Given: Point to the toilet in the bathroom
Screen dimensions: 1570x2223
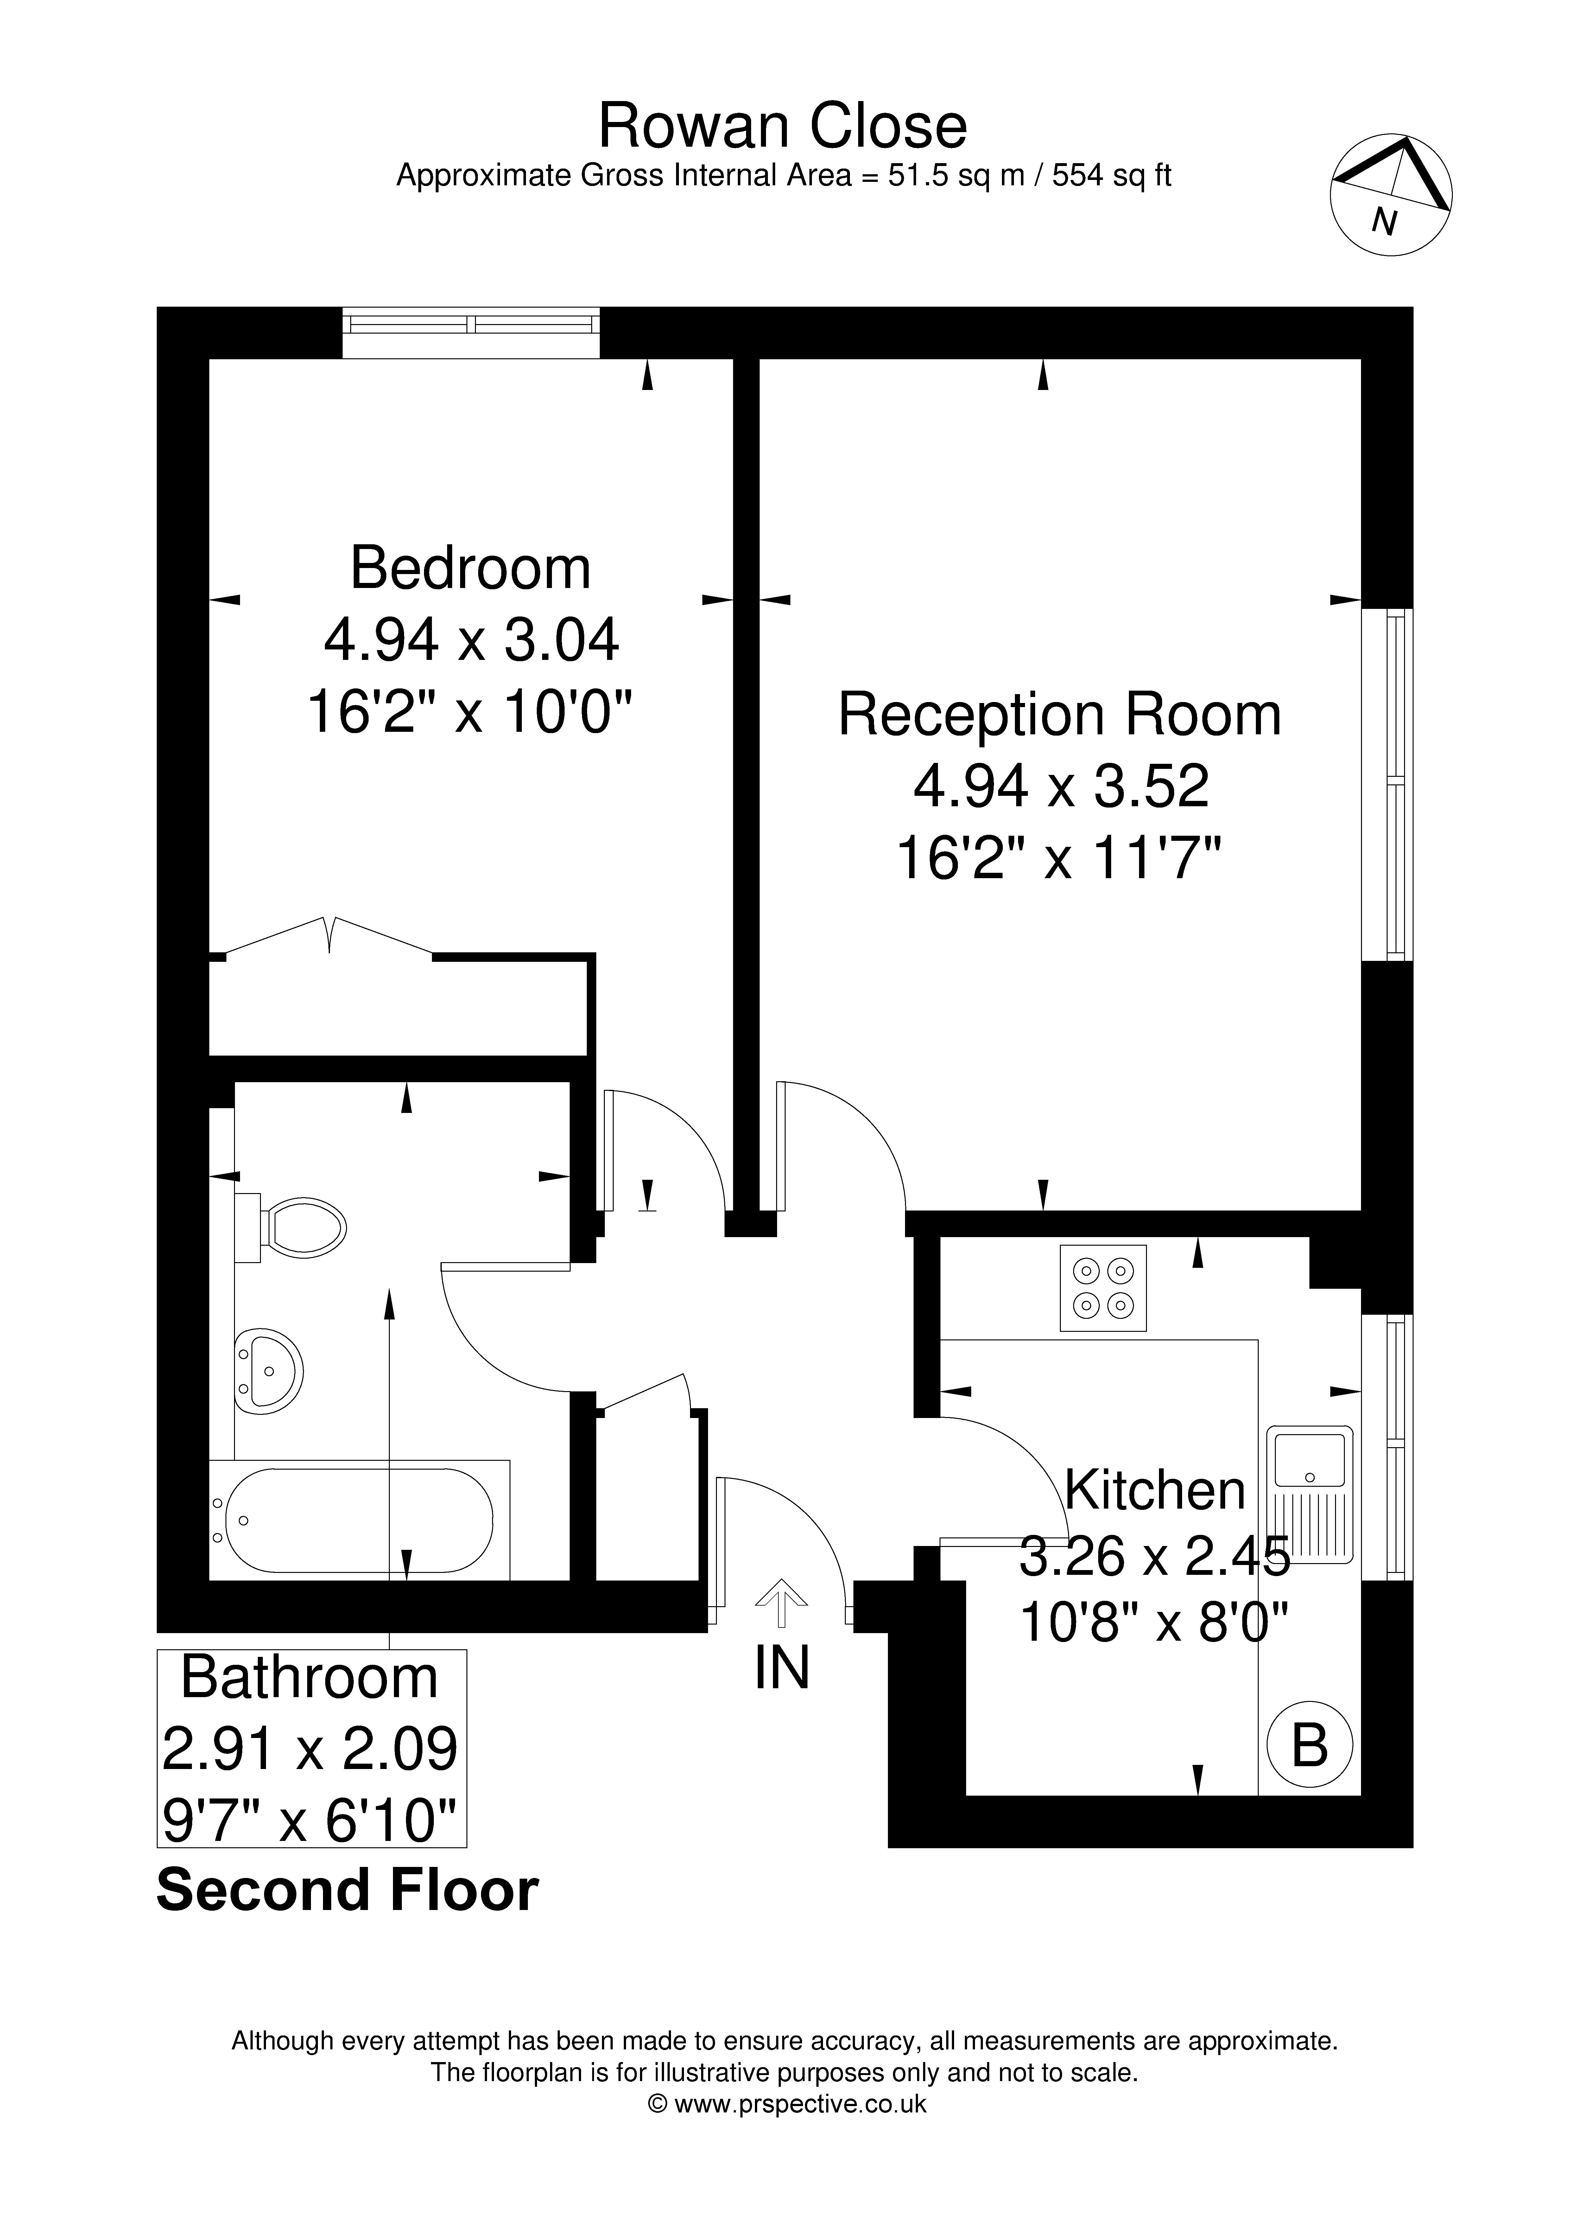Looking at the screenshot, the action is click(290, 1228).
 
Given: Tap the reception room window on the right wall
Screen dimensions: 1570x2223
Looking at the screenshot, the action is click(1387, 784).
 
